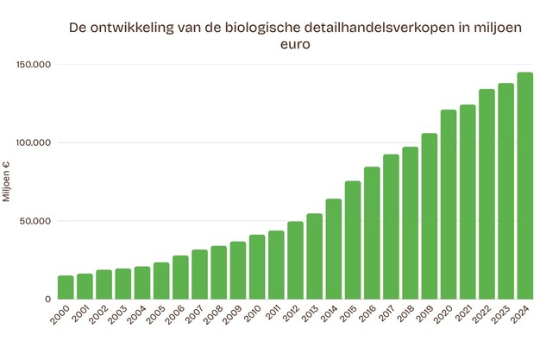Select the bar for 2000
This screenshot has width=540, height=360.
(66, 287)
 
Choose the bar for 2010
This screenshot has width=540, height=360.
(257, 267)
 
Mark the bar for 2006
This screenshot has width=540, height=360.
(180, 277)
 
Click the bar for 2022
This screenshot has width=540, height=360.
(487, 194)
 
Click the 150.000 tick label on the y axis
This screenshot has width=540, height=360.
(34, 65)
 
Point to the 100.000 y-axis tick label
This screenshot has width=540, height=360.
(34, 142)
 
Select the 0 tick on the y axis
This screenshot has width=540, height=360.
(48, 299)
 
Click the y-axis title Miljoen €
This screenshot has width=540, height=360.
(7, 181)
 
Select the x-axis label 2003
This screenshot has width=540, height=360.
(120, 315)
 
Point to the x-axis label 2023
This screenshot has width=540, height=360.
(503, 315)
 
